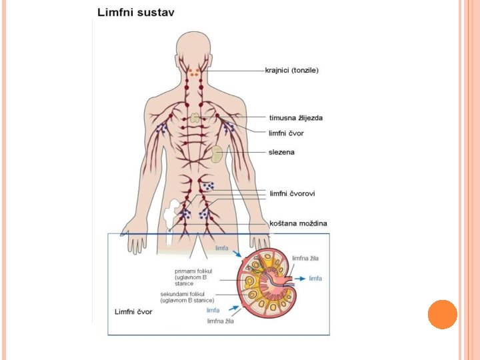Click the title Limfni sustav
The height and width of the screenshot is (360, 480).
(136, 13)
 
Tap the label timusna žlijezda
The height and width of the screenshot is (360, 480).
(296, 118)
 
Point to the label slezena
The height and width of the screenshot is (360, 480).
(281, 152)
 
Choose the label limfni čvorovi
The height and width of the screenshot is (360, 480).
(292, 193)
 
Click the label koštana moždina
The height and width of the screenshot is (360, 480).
(298, 223)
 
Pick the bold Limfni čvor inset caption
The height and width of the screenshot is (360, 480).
(133, 311)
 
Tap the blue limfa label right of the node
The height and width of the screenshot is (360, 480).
(315, 278)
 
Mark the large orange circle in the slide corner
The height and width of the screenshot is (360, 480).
(442, 314)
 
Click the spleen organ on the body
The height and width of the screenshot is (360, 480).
(217, 155)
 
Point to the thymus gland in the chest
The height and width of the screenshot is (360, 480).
(195, 118)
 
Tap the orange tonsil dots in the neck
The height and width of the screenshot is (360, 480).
(194, 72)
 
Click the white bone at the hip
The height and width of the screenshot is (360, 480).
(171, 213)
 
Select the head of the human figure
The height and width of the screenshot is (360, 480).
(194, 47)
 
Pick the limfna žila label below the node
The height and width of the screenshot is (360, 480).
(221, 321)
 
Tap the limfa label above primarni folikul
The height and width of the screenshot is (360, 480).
(221, 248)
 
